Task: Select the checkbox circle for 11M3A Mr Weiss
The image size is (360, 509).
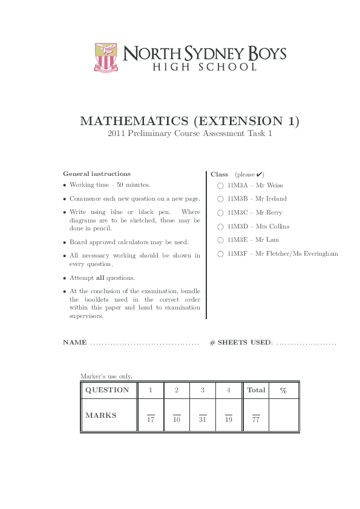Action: [x=221, y=186]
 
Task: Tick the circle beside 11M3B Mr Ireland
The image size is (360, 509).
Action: [x=221, y=199]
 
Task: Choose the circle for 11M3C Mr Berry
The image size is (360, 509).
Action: [x=221, y=213]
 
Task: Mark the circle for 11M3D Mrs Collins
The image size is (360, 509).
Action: [x=221, y=227]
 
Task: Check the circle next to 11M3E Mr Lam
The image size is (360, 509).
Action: [x=221, y=240]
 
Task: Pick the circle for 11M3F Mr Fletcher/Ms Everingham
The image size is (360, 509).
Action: [x=221, y=254]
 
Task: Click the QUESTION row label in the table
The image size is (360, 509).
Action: [x=107, y=391]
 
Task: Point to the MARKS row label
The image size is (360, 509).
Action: [x=101, y=416]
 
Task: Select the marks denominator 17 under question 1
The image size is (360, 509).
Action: [x=151, y=420]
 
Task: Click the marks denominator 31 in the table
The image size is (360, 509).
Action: [x=203, y=420]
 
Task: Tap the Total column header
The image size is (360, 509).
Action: [x=256, y=391]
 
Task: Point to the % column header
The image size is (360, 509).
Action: [x=283, y=391]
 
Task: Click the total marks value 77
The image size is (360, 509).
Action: [x=256, y=420]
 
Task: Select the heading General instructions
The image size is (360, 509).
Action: [x=97, y=173]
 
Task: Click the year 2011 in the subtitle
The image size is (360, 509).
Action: [x=116, y=134]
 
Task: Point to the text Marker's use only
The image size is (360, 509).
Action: [x=106, y=376]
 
